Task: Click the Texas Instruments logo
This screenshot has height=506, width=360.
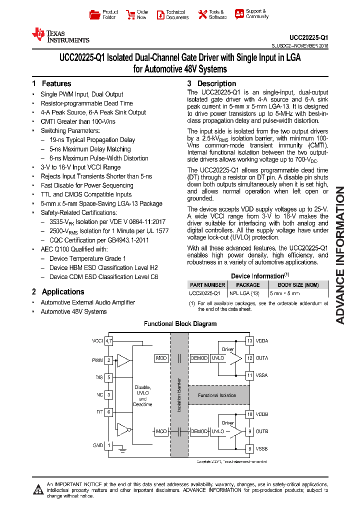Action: click(x=60, y=35)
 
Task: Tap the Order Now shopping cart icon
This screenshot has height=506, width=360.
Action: click(x=130, y=14)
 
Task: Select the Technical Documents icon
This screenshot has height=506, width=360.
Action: click(x=160, y=15)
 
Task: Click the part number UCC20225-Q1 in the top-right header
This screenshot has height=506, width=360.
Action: click(x=308, y=37)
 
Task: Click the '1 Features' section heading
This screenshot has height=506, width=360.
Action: click(x=51, y=83)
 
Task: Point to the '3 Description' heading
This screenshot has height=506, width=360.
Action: click(x=211, y=83)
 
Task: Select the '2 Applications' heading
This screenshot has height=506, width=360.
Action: click(x=58, y=291)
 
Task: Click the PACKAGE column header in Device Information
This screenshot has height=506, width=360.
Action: click(x=244, y=285)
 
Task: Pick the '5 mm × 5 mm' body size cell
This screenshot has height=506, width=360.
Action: click(x=284, y=293)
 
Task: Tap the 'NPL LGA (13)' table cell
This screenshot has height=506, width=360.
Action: click(x=244, y=293)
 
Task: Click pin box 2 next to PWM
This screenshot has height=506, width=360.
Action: click(x=108, y=359)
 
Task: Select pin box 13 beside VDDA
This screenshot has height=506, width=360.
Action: click(x=249, y=340)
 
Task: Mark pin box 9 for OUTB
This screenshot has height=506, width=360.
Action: click(x=249, y=431)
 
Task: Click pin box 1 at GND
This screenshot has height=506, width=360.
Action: click(x=108, y=445)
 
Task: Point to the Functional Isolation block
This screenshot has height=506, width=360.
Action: click(x=217, y=395)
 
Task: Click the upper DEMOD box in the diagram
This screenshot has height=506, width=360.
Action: click(x=199, y=358)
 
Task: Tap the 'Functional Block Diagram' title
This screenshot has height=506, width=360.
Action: click(x=180, y=324)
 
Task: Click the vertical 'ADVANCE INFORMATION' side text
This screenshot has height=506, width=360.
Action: click(x=340, y=255)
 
